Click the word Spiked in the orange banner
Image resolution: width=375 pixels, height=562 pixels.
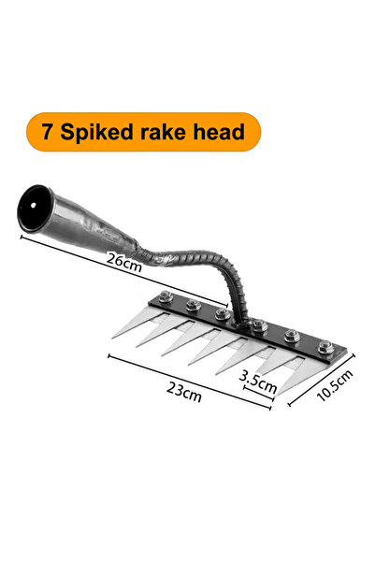pos(96,133)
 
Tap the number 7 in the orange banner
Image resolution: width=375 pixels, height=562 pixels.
pos(47,132)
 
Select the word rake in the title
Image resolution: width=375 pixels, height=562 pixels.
pos(163,132)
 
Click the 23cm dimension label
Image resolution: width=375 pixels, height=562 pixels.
pos(184,392)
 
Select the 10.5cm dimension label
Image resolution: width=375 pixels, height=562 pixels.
pos(335,385)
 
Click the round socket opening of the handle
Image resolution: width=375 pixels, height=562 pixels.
pos(34,208)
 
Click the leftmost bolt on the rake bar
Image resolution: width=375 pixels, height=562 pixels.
pos(166,296)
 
